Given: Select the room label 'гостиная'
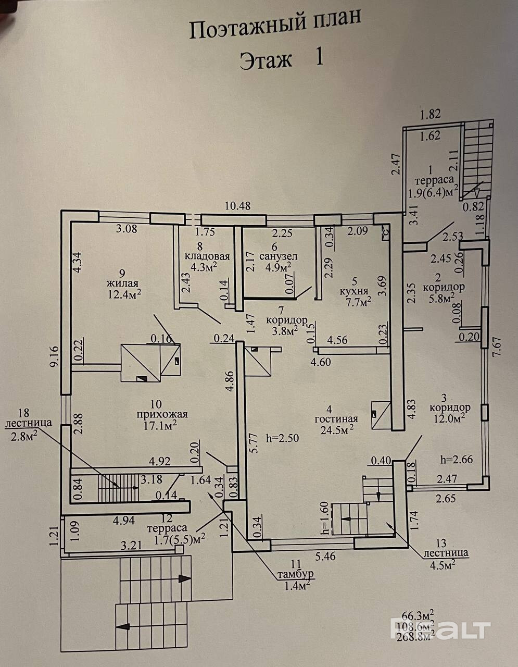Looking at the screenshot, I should click(336, 418).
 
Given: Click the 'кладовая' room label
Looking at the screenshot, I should click(207, 256).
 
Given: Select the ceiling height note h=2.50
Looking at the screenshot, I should click(282, 438).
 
